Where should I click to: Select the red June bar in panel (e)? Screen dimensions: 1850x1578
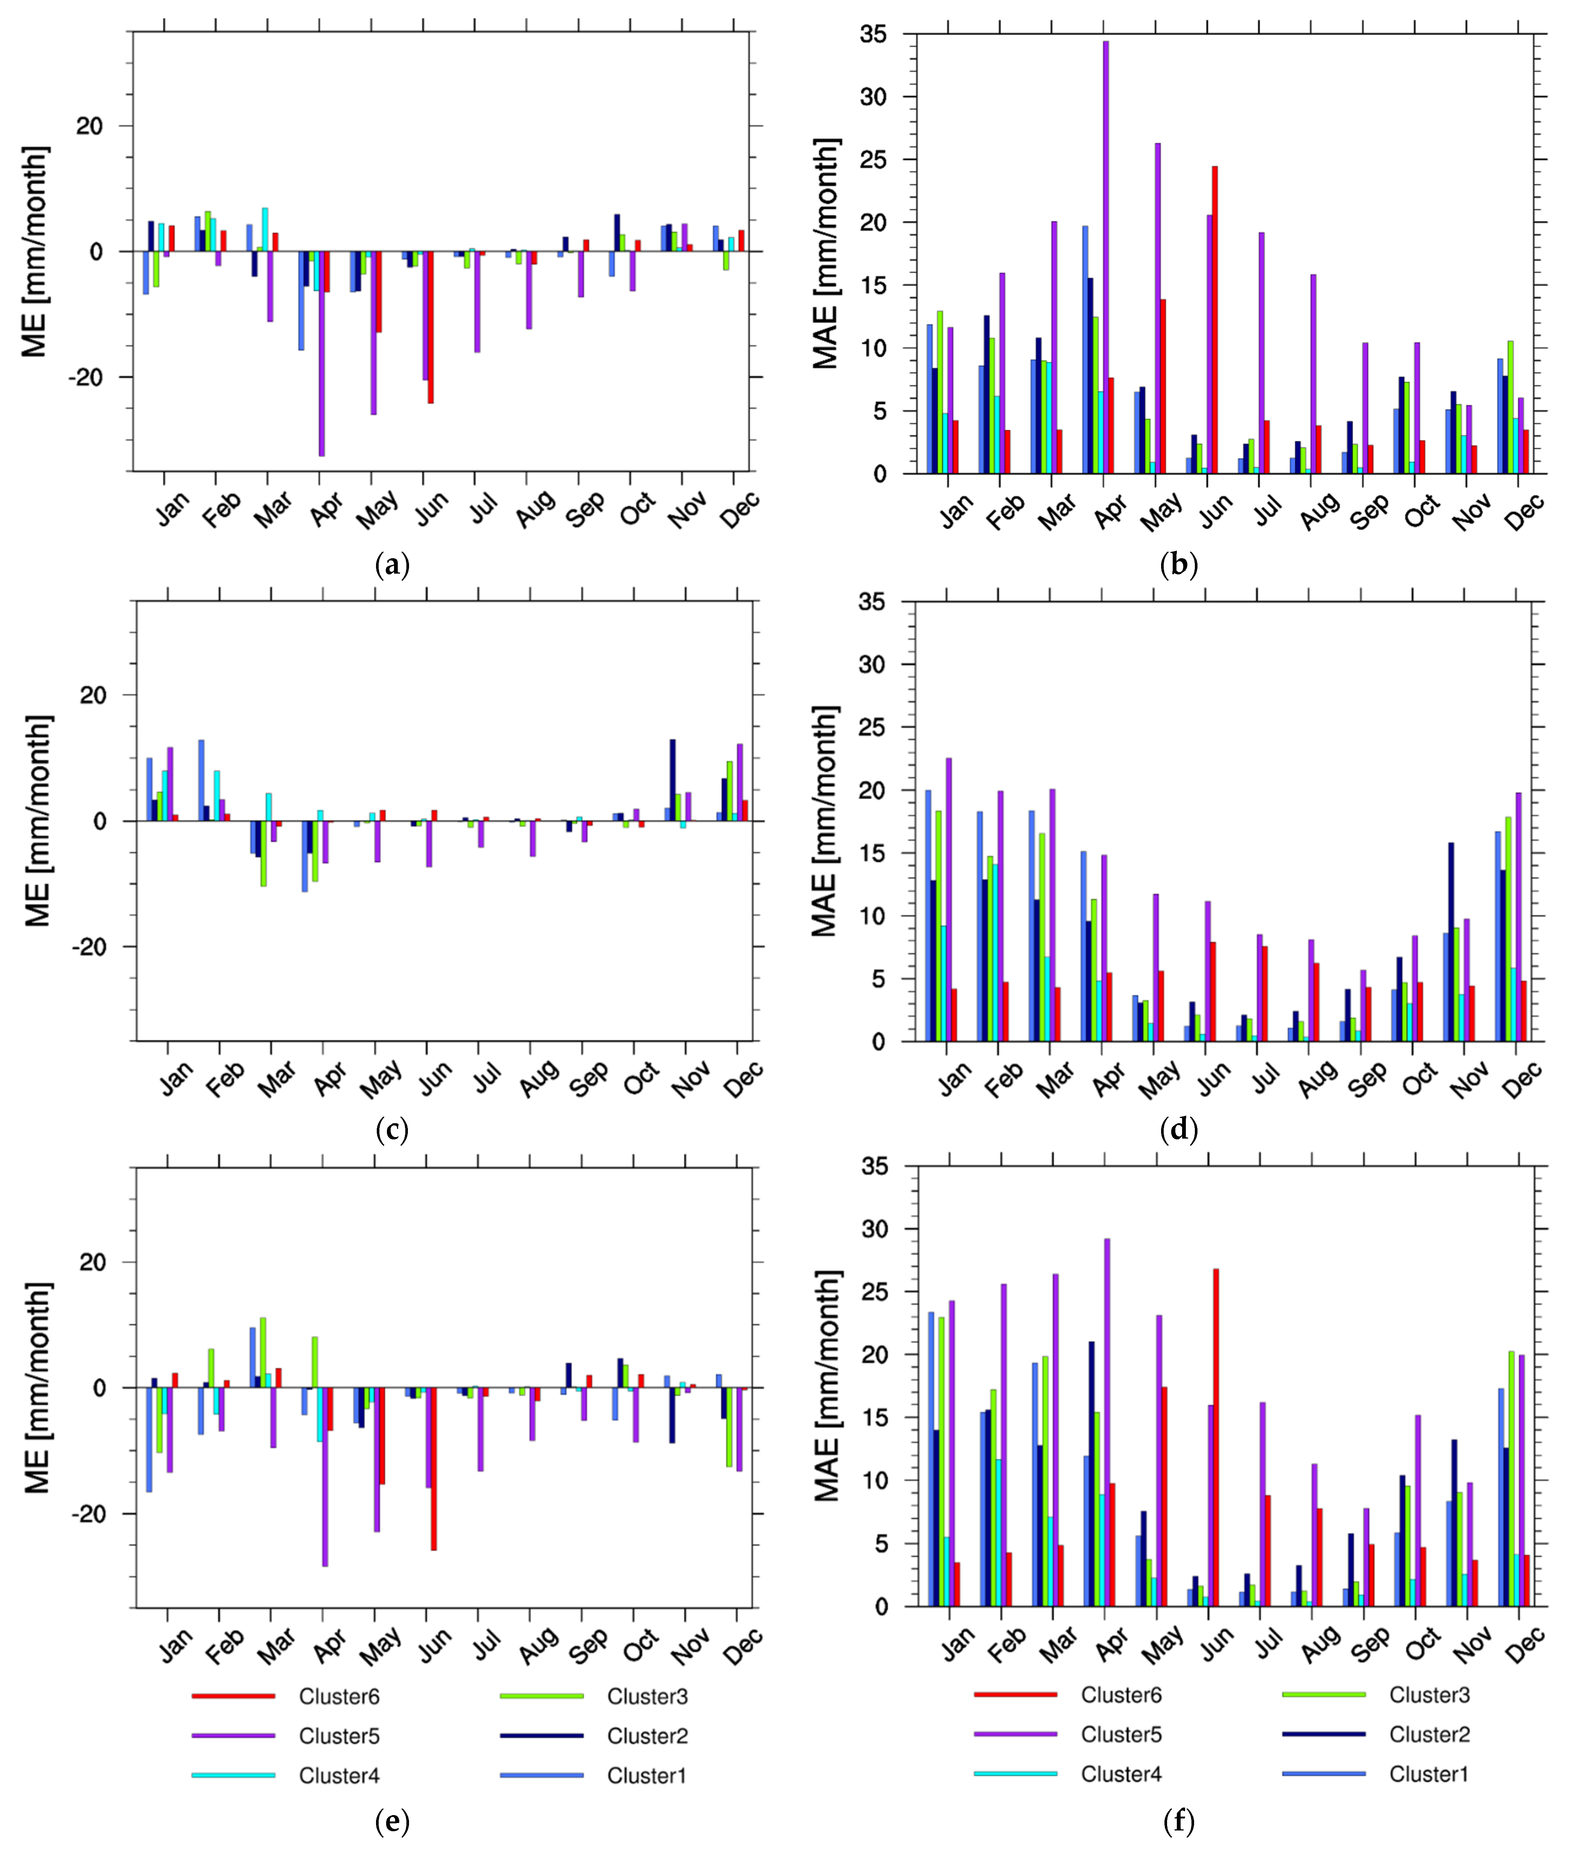434,1469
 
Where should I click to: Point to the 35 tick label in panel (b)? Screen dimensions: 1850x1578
873,35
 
